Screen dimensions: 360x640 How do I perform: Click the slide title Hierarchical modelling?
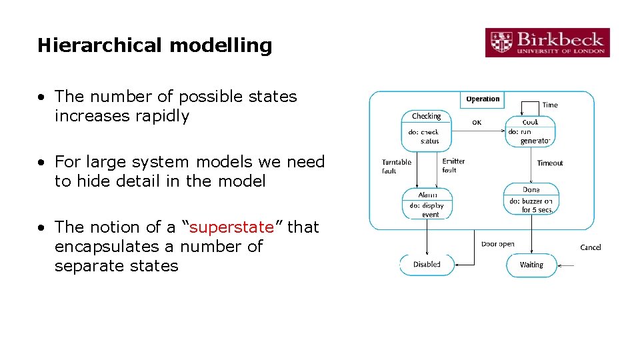[x=155, y=45]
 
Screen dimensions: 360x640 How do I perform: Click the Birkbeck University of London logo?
[x=547, y=42]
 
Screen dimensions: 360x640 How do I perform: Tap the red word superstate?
[x=231, y=227]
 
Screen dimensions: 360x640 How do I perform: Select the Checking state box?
[x=427, y=127]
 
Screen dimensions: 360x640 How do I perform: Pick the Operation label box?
[x=483, y=99]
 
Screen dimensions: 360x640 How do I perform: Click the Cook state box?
[x=530, y=131]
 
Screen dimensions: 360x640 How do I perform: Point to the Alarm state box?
[x=427, y=204]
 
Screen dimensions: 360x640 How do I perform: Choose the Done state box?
[x=531, y=199]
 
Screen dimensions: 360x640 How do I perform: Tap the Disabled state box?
[x=427, y=265]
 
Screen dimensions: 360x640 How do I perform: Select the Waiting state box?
[x=531, y=265]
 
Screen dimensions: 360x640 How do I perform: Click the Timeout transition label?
[x=550, y=163]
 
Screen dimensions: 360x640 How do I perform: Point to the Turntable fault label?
[x=396, y=167]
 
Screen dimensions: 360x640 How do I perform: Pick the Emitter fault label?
[x=453, y=165]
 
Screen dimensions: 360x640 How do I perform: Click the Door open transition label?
[x=497, y=244]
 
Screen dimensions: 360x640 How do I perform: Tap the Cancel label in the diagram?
[x=591, y=247]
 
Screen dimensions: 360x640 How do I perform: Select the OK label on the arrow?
[x=477, y=123]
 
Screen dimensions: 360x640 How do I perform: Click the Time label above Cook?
[x=550, y=105]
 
